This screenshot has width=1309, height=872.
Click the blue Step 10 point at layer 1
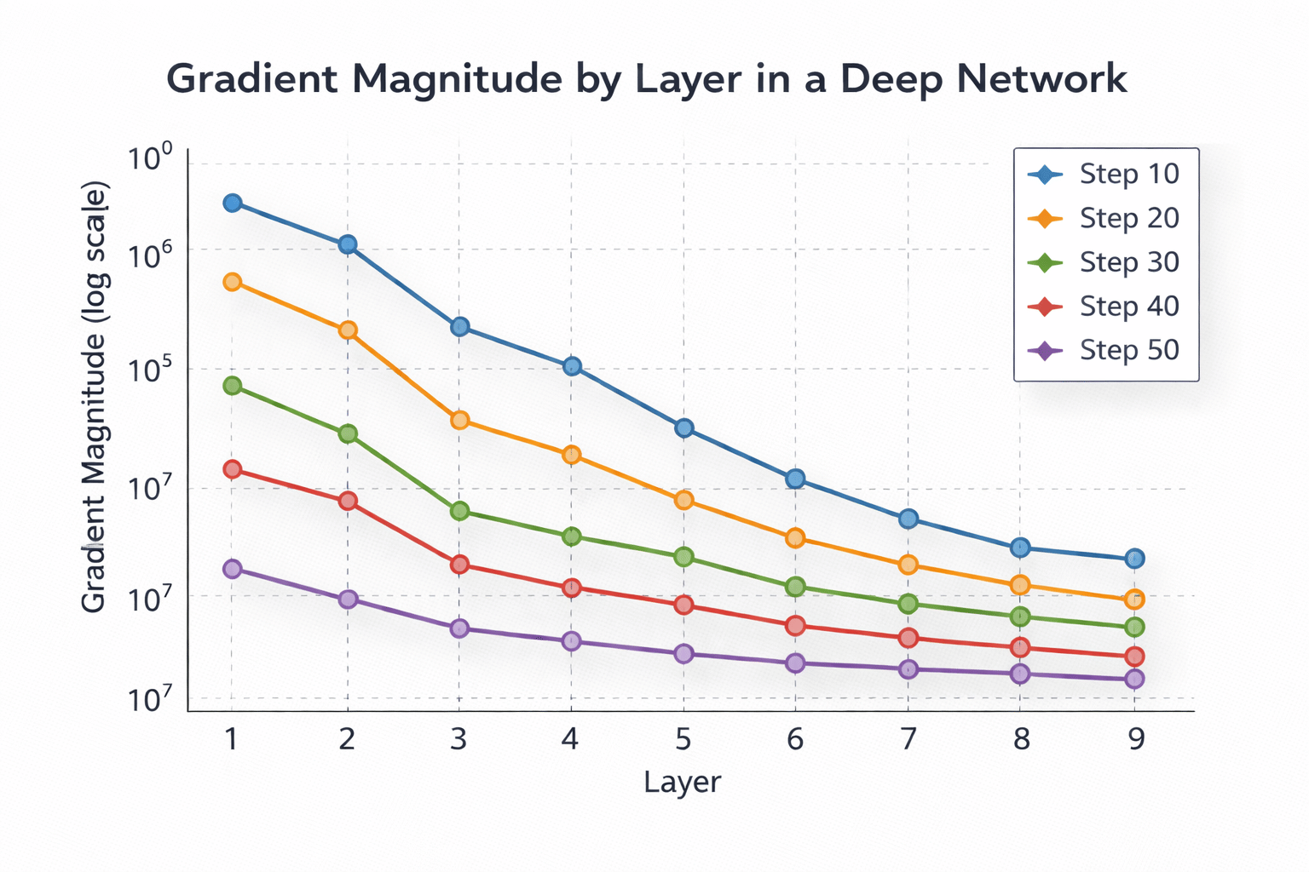coord(232,203)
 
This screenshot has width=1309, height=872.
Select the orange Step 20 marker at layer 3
coord(459,420)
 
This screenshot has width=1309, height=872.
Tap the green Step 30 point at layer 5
coord(683,557)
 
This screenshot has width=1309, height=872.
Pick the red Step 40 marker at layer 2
coord(348,501)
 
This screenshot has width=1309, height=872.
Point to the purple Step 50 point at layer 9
coord(1134,679)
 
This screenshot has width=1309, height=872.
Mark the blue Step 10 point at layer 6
coord(795,479)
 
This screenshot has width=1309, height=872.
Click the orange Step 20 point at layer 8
coord(1020,585)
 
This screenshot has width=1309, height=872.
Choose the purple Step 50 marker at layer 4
coord(571,641)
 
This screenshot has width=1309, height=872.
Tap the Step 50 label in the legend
coord(1129,350)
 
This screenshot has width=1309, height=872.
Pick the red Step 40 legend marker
coord(1046,307)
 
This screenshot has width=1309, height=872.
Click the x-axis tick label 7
coord(908,738)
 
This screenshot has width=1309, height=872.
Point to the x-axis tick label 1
coord(231,738)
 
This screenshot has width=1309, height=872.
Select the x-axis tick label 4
coord(570,738)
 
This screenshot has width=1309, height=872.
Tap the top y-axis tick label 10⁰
coord(150,160)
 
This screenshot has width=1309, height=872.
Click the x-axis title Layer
coord(683,782)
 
